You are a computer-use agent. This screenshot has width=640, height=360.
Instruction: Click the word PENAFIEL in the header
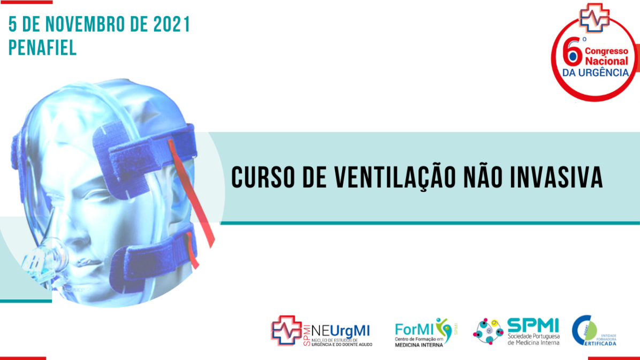click(42, 48)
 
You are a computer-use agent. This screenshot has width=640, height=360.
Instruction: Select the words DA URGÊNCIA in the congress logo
click(595, 72)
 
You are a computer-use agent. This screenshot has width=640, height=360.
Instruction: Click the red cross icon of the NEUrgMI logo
click(286, 330)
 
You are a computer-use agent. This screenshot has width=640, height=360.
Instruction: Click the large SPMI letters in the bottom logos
click(533, 325)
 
